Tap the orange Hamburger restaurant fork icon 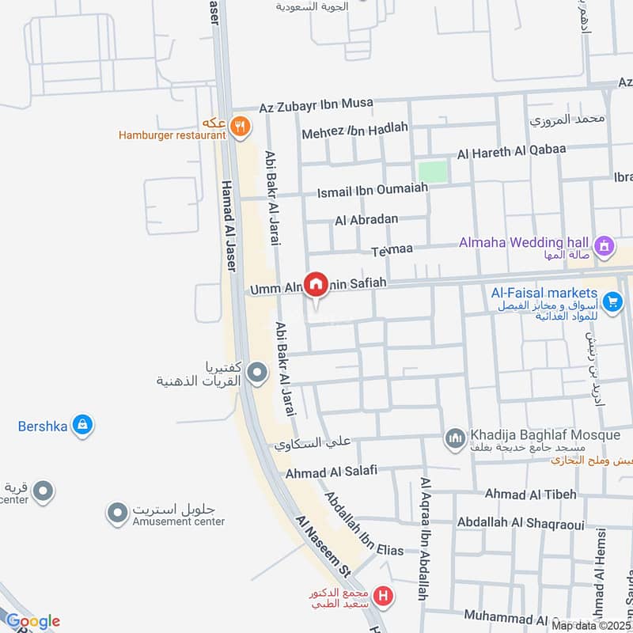pyautogui.click(x=241, y=125)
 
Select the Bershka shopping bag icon pyautogui.click(x=81, y=426)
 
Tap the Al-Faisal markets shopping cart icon pyautogui.click(x=612, y=301)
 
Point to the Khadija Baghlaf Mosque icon pyautogui.click(x=455, y=438)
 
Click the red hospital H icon pyautogui.click(x=384, y=596)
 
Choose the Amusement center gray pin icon pyautogui.click(x=118, y=513)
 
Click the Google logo pyautogui.click(x=32, y=621)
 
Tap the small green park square pyautogui.click(x=432, y=171)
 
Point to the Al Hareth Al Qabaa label pyautogui.click(x=523, y=151)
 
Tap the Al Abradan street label pyautogui.click(x=366, y=219)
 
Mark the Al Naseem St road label pyautogui.click(x=324, y=547)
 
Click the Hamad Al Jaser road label pyautogui.click(x=227, y=226)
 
